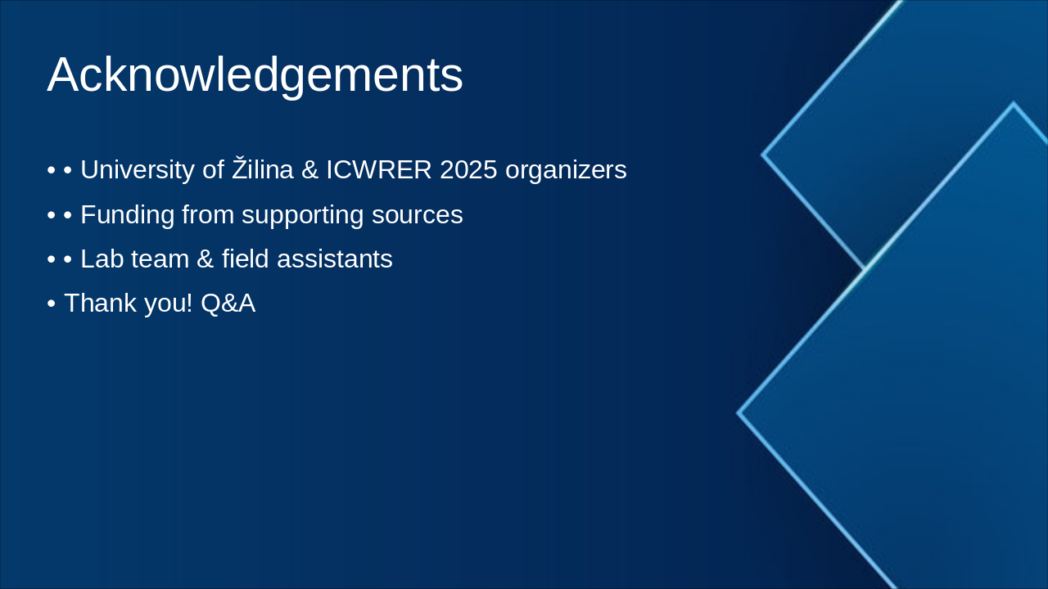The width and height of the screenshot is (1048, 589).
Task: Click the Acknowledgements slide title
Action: tap(255, 75)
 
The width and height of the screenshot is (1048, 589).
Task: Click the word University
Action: tap(137, 170)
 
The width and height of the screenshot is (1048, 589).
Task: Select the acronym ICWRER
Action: tap(379, 170)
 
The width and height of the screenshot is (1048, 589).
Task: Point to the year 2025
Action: tap(468, 170)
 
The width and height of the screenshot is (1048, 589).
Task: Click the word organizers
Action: tap(566, 170)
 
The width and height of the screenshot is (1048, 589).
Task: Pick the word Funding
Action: tap(127, 214)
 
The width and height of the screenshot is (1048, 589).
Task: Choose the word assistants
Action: tap(335, 259)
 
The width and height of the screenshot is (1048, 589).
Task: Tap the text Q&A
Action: tap(228, 303)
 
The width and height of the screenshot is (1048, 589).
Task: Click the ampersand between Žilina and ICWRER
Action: tap(309, 170)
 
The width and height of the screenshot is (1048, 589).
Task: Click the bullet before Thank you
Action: tap(51, 303)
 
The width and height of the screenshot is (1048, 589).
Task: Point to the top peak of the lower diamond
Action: tap(1013, 104)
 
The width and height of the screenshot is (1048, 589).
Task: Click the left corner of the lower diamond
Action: tap(739, 413)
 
